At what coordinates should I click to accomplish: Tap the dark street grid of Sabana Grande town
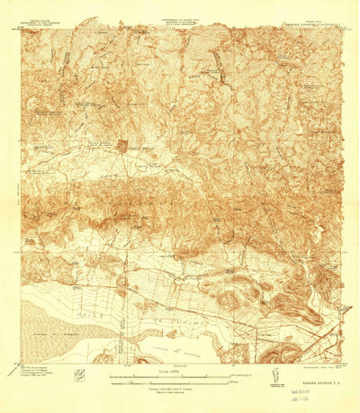(x=124, y=145)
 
